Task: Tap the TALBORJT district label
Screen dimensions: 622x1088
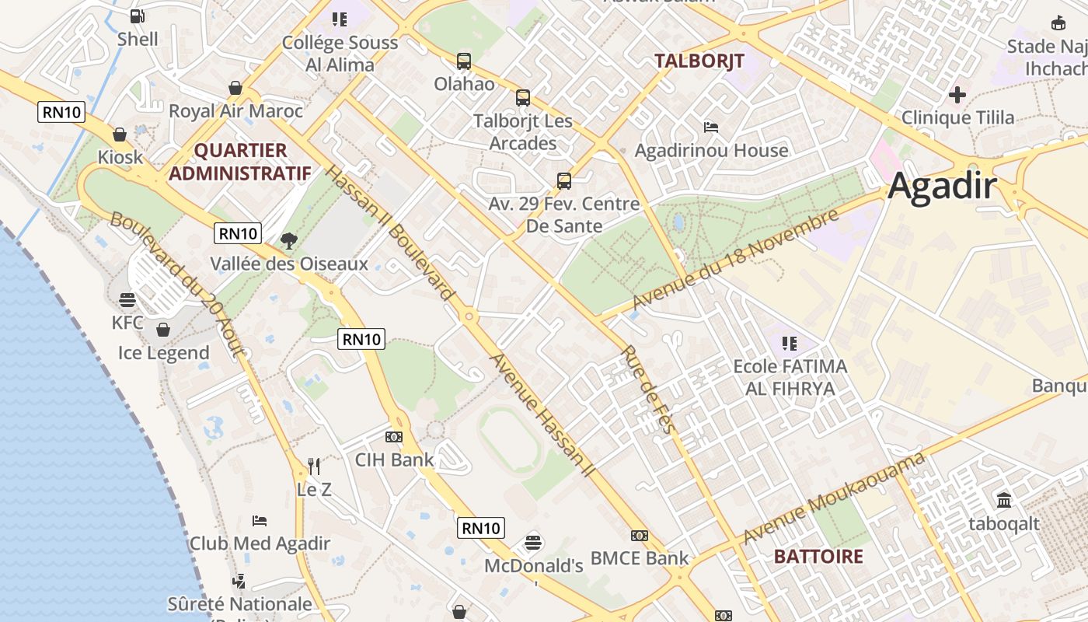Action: (699, 61)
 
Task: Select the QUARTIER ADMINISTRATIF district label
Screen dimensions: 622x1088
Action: (239, 162)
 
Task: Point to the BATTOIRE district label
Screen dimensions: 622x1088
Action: (818, 556)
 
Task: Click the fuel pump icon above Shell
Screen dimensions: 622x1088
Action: (138, 16)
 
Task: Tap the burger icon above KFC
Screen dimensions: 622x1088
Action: (127, 300)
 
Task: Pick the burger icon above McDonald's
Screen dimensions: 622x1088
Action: (533, 542)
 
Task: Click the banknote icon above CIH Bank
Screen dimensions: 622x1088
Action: (394, 437)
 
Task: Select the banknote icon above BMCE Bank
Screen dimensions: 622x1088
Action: (640, 536)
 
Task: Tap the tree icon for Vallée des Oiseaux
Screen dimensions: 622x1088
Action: (289, 240)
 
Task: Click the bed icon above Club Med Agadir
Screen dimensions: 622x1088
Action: (260, 520)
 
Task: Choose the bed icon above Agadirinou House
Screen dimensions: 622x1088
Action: (711, 127)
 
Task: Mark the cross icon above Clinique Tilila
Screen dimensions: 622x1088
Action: (957, 95)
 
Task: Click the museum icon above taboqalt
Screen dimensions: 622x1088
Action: (1004, 499)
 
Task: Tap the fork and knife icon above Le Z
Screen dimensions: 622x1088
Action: (314, 466)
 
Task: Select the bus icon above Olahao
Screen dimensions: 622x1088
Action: (464, 61)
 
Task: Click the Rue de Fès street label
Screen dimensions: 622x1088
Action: (645, 392)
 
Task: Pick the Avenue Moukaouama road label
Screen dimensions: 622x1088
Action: (833, 498)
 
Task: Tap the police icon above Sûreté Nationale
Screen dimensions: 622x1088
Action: (239, 581)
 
